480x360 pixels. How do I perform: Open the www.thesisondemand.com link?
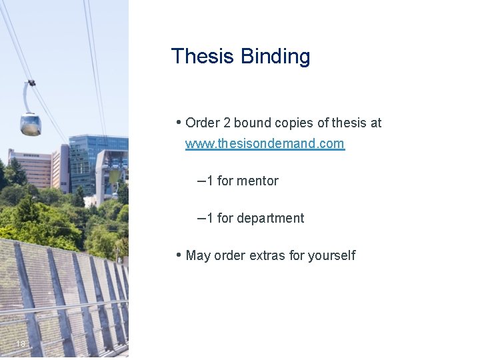pos(265,143)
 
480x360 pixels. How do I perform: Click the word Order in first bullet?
pos(201,123)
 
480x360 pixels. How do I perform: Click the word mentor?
pos(257,181)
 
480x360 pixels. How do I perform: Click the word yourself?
pos(331,256)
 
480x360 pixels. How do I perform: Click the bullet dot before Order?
pos(179,122)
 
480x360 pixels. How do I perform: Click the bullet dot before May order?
pos(179,255)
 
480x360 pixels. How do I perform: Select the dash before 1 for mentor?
pos(201,180)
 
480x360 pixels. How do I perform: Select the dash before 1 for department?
pos(201,217)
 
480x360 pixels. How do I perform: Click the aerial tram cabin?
pos(31,123)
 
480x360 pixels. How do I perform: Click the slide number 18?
pos(21,344)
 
